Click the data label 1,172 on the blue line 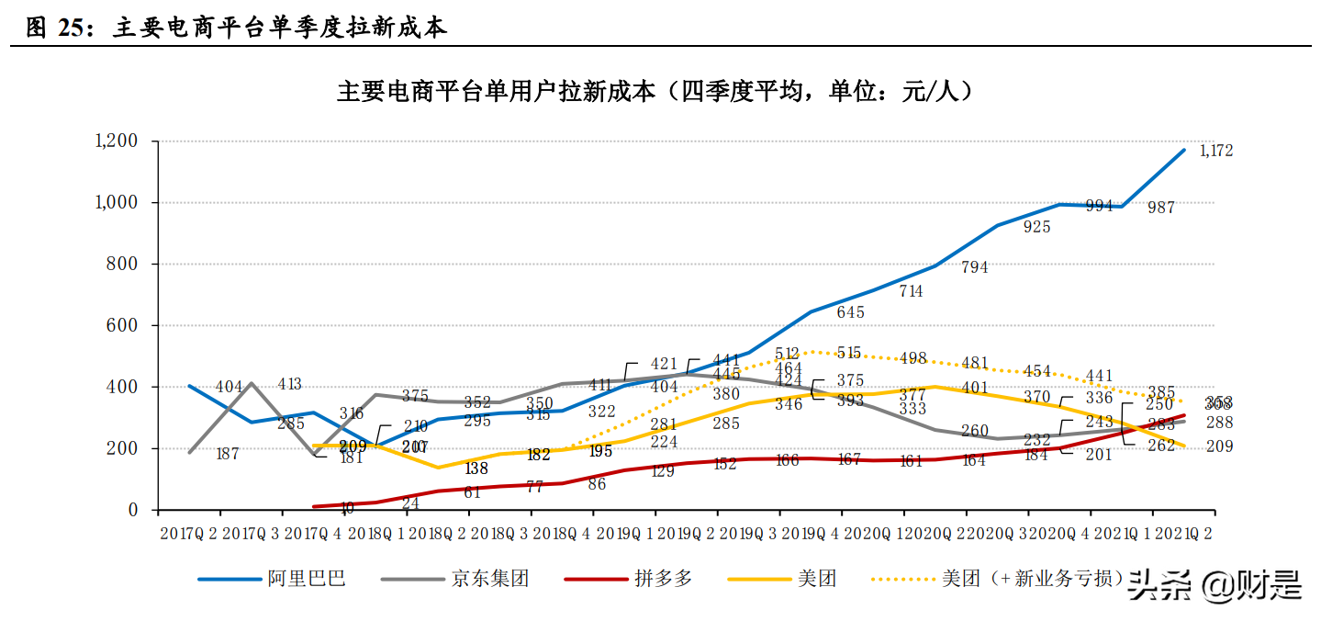point(1215,151)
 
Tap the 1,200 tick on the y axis point(116,141)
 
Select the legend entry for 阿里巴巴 point(272,579)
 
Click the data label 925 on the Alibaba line point(1036,227)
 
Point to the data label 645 point(850,312)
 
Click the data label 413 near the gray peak point(289,384)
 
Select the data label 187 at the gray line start point(226,454)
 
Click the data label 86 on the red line point(597,484)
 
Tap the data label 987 point(1161,209)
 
